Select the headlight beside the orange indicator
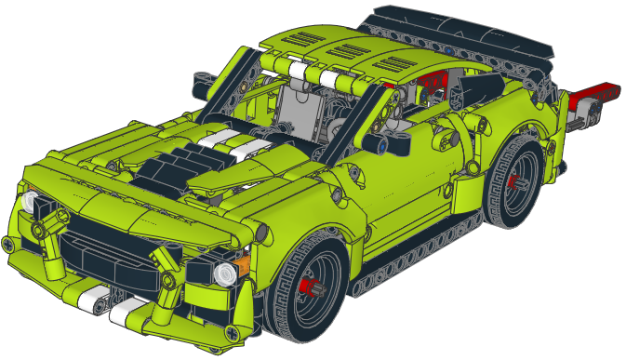(x=223, y=272)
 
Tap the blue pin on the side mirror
(x=382, y=145)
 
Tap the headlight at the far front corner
(x=30, y=204)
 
